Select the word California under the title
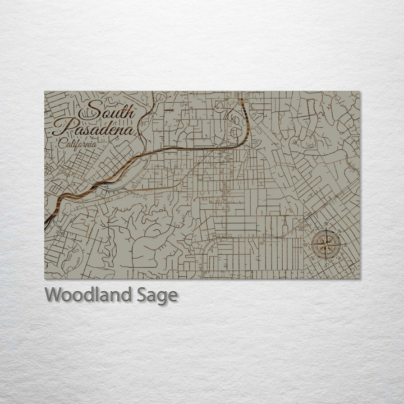pyautogui.click(x=77, y=143)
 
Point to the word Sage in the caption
pyautogui.click(x=158, y=296)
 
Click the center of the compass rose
pyautogui.click(x=327, y=244)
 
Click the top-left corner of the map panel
pyautogui.click(x=45, y=91)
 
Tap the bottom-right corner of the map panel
pyautogui.click(x=361, y=279)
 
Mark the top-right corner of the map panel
pyautogui.click(x=361, y=91)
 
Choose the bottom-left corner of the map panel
pyautogui.click(x=45, y=279)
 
